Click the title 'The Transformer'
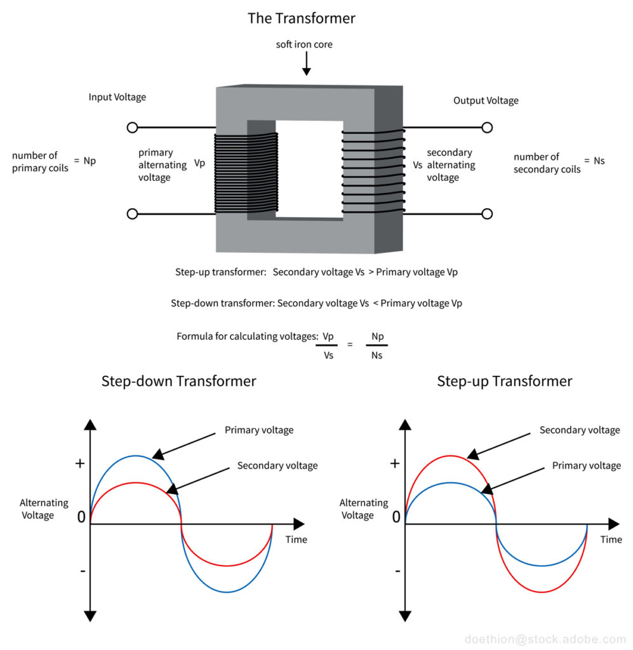tap(301, 18)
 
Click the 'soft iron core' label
tap(304, 44)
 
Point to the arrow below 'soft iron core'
tap(305, 63)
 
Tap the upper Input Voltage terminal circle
tap(132, 128)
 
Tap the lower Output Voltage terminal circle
tap(487, 214)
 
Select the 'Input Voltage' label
tap(117, 97)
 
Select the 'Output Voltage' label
tap(486, 100)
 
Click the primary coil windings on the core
tap(246, 173)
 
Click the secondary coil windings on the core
tap(373, 171)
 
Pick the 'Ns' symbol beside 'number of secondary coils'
tap(599, 161)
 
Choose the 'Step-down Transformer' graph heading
tap(178, 381)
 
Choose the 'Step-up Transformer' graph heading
tap(504, 381)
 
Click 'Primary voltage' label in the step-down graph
tap(259, 430)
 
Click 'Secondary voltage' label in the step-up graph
tap(579, 430)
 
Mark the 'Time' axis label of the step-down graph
tap(296, 540)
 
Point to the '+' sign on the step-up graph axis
tap(395, 463)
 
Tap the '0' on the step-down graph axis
tap(81, 517)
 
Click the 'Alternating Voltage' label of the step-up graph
tap(363, 508)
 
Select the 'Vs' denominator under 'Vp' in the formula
tap(328, 355)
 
